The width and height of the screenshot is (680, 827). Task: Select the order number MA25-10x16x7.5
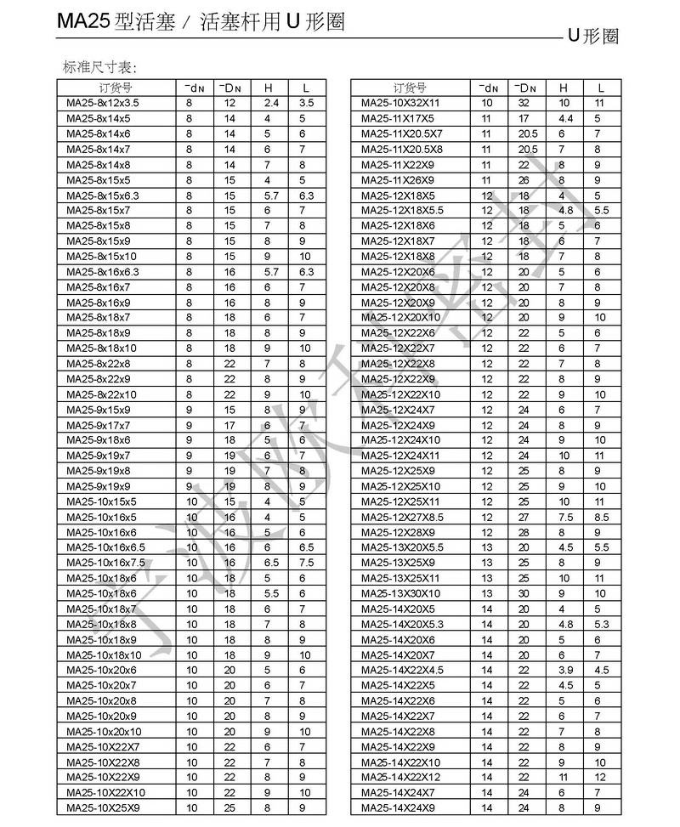pyautogui.click(x=106, y=563)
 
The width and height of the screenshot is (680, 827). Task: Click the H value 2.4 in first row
pyautogui.click(x=270, y=103)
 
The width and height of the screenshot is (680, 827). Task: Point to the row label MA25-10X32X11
pyautogui.click(x=401, y=103)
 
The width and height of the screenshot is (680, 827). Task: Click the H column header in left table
pyautogui.click(x=268, y=88)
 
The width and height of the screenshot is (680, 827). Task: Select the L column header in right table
pyautogui.click(x=601, y=88)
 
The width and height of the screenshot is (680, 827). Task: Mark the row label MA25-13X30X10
pyautogui.click(x=401, y=593)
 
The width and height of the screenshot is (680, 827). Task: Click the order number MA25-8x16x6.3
pyautogui.click(x=103, y=272)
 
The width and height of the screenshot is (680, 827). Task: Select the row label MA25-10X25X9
pyautogui.click(x=103, y=808)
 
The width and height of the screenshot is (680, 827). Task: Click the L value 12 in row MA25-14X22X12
pyautogui.click(x=601, y=778)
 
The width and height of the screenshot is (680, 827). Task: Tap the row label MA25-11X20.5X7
pyautogui.click(x=402, y=133)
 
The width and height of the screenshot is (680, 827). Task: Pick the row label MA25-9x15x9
pyautogui.click(x=99, y=410)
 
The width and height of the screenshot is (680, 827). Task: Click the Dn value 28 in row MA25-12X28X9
pyautogui.click(x=524, y=532)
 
